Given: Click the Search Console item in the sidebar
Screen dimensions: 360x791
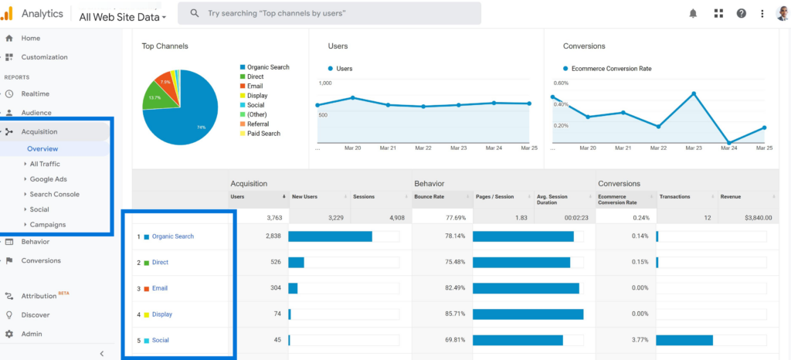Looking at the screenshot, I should [54, 194].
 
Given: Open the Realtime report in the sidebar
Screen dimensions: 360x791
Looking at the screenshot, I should [36, 93].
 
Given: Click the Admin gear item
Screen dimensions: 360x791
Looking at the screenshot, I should [32, 334].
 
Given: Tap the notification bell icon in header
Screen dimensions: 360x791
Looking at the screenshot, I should [693, 13].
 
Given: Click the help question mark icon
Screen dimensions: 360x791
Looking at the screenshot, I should [741, 13].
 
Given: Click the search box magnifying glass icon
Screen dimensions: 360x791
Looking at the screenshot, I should [195, 13].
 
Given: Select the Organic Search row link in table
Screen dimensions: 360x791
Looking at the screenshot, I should [172, 236].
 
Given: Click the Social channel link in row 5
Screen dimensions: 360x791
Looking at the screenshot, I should [161, 340].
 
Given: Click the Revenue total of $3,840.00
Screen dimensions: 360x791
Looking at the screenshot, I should [746, 219].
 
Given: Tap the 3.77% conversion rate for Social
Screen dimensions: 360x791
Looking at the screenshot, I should [638, 340].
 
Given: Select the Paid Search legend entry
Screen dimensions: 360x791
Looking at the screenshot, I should [263, 134].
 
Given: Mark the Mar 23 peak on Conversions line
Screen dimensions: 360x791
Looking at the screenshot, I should [694, 93].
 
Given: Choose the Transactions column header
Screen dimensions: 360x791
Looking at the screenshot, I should [677, 197].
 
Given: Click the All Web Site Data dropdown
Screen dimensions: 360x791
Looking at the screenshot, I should [122, 16].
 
